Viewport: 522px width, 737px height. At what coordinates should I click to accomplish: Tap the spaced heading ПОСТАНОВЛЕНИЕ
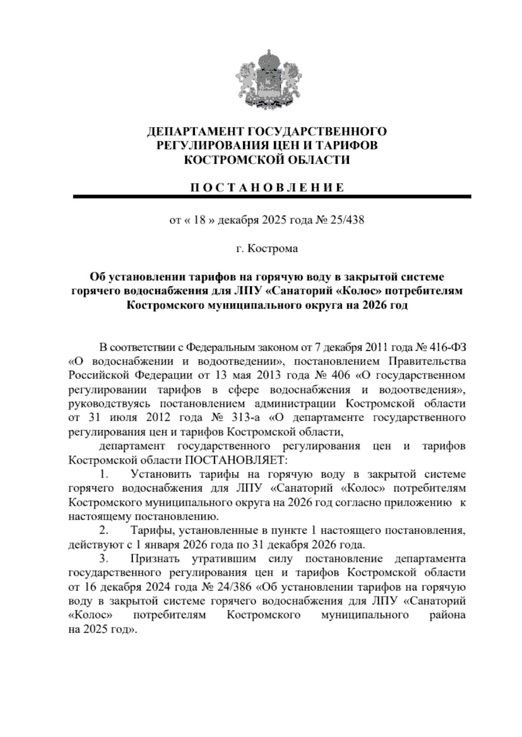268,188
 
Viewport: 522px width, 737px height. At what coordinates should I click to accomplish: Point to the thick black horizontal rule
272,197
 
